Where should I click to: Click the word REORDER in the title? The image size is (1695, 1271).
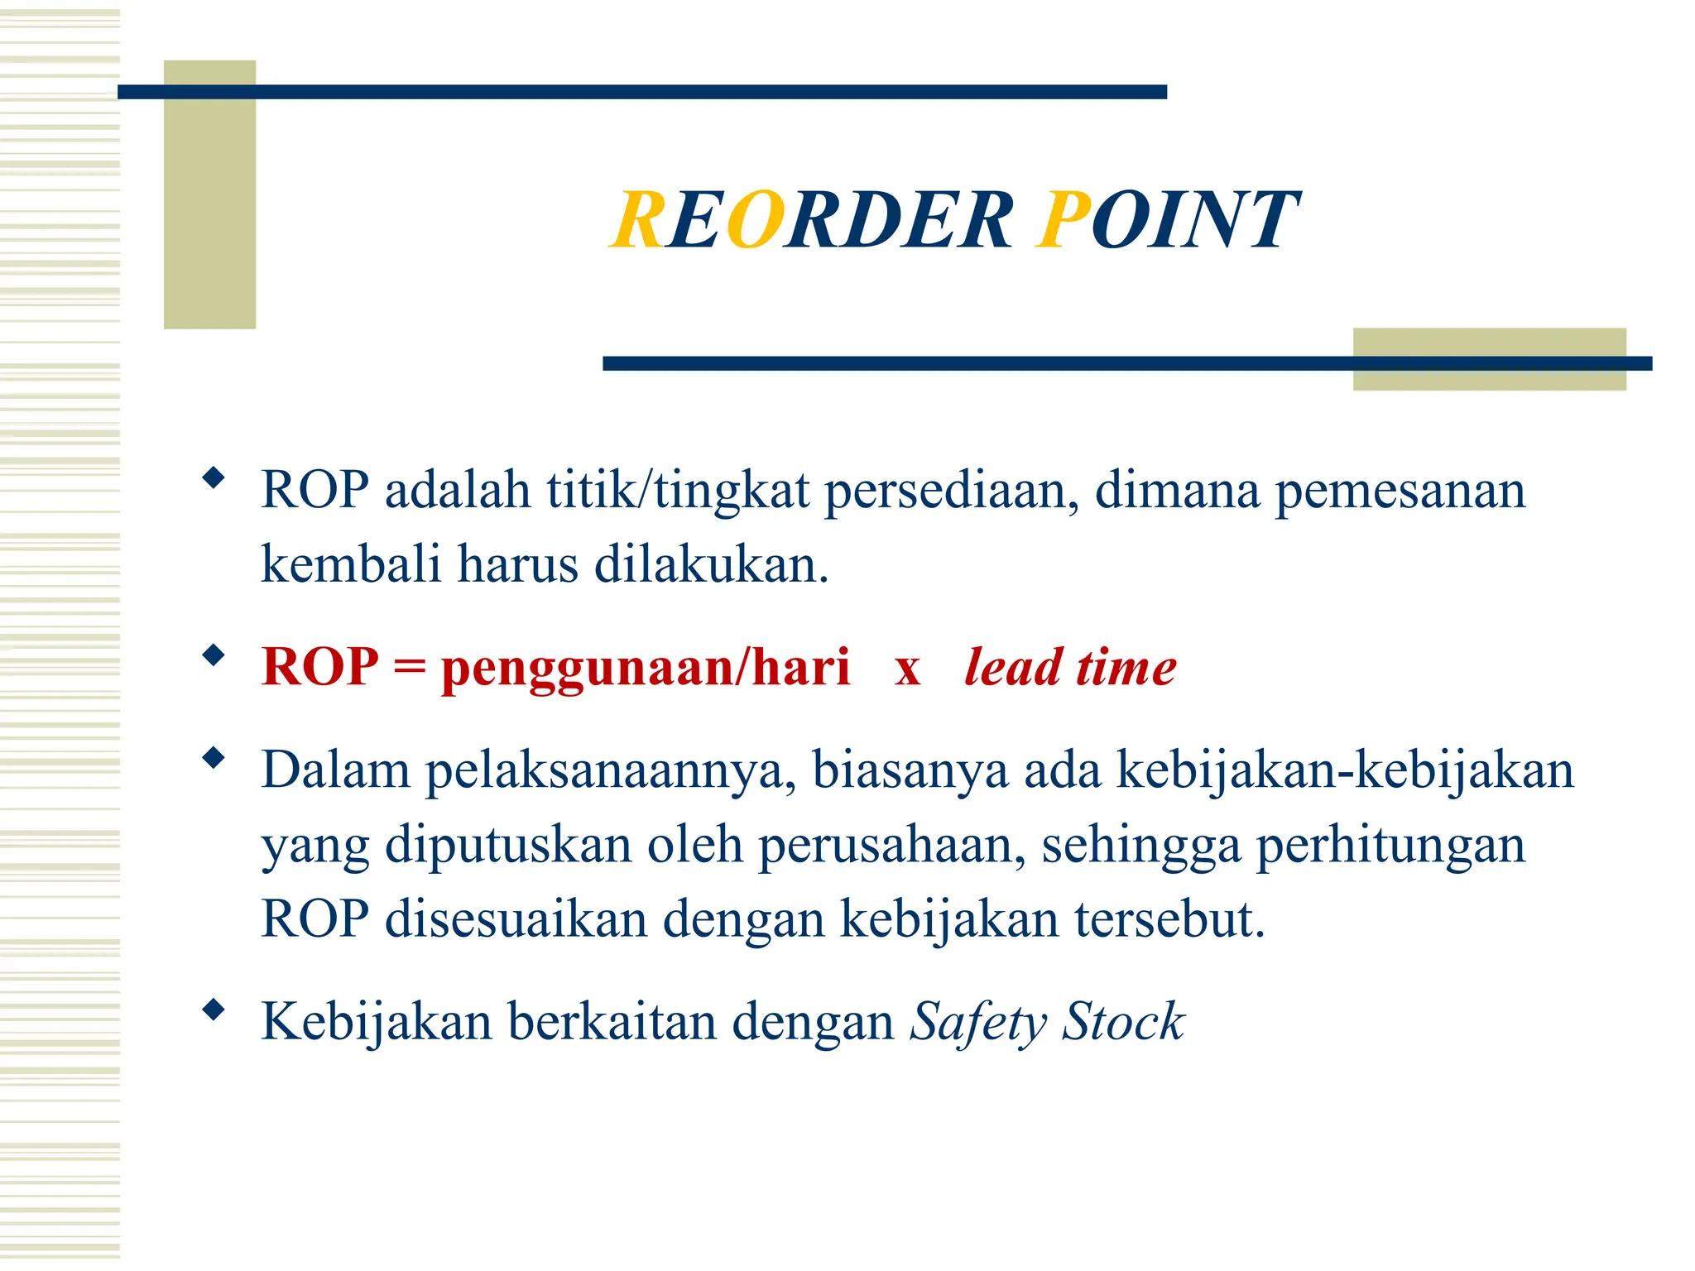[x=812, y=220]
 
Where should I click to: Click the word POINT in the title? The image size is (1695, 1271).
[x=1167, y=220]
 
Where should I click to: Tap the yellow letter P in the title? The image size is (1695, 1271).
[x=1064, y=220]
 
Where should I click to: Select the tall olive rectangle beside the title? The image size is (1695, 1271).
[x=209, y=195]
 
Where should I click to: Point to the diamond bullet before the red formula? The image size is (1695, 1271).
[x=214, y=656]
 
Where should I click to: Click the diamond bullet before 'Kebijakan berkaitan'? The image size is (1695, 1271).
[x=214, y=1010]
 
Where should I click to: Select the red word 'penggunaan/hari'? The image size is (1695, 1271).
[x=646, y=668]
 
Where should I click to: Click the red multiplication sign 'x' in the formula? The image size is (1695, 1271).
[x=907, y=669]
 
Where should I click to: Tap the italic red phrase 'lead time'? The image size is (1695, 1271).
[x=1070, y=668]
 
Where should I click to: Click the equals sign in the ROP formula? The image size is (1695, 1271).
[x=409, y=668]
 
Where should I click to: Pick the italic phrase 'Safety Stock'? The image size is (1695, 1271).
[x=1047, y=1022]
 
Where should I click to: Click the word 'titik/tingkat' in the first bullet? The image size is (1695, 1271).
[x=677, y=491]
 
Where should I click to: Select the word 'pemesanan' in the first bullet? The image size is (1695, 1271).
[x=1400, y=491]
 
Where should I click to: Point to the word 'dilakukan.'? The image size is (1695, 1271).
[x=711, y=565]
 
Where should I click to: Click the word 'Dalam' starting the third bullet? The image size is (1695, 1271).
[x=335, y=770]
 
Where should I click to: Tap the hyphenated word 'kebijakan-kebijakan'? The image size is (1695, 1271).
[x=1345, y=770]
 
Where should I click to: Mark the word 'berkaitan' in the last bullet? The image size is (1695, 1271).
[x=612, y=1022]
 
